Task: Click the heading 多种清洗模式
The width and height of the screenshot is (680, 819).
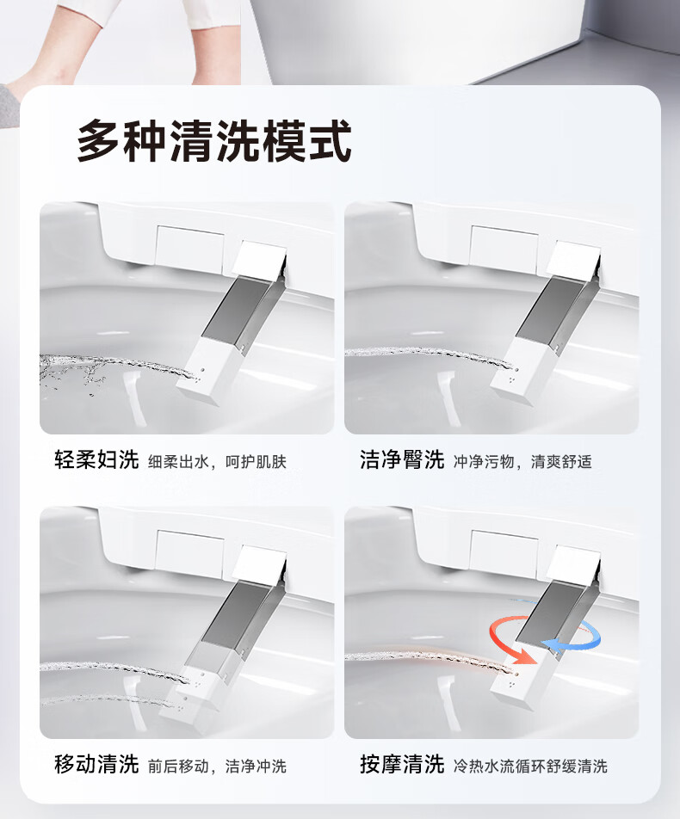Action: [x=214, y=140]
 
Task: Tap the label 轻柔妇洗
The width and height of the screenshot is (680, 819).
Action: [x=96, y=460]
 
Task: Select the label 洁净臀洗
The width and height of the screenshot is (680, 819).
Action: [x=402, y=460]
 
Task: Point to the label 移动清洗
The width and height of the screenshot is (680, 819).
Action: [x=96, y=765]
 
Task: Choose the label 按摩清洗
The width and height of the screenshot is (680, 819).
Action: [x=402, y=765]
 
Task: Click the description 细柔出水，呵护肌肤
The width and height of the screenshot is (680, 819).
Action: [x=218, y=462]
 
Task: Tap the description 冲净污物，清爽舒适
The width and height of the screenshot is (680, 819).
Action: [x=522, y=462]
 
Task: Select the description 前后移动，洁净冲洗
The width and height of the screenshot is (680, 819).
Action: [x=218, y=767]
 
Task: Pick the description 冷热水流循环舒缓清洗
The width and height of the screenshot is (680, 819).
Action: [x=530, y=767]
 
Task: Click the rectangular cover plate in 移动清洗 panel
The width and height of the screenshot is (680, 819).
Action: [x=189, y=549]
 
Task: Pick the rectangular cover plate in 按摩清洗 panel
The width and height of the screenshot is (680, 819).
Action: [x=504, y=549]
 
